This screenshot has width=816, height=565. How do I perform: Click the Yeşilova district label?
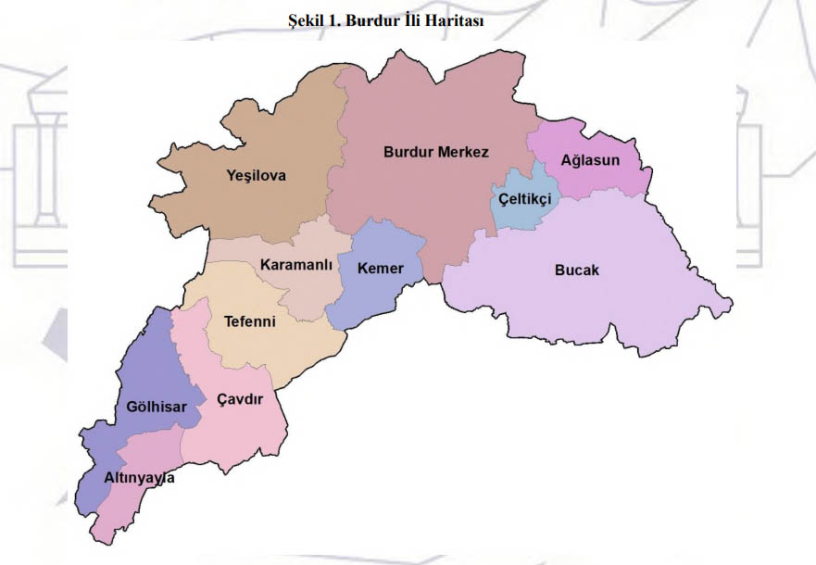[x=257, y=175]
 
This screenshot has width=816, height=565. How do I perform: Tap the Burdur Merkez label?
[x=436, y=152]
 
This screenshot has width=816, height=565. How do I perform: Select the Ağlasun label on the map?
[x=590, y=161]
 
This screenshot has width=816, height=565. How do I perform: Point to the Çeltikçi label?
[x=524, y=199]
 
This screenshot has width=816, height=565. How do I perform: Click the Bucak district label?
[x=577, y=270]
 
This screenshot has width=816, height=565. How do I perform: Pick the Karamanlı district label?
[x=295, y=265]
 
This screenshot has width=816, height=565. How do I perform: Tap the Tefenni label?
[x=248, y=322]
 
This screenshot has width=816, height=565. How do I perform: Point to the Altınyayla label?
[x=140, y=478]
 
